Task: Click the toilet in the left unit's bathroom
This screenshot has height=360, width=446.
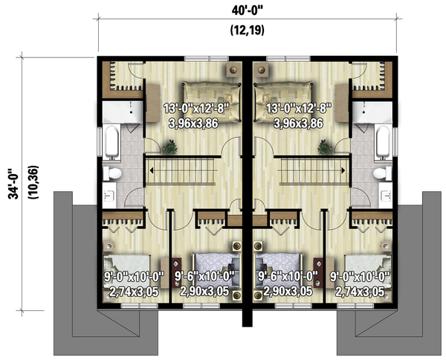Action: (114, 174)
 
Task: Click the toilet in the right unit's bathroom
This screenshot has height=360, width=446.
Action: (382, 174)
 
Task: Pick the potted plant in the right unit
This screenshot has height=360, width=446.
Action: (324, 146)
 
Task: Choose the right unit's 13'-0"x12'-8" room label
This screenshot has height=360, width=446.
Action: (300, 109)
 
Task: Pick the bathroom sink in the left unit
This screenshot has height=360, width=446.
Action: (109, 197)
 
